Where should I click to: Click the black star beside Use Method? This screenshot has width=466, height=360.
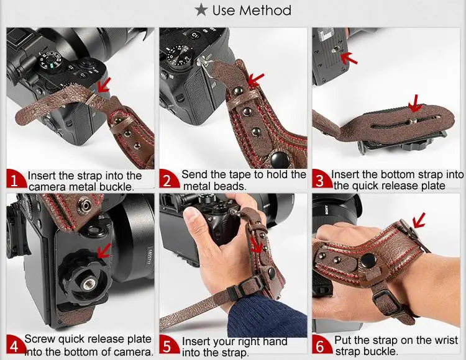pyautogui.click(x=201, y=10)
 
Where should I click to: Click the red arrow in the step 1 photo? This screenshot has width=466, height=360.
pyautogui.click(x=104, y=85)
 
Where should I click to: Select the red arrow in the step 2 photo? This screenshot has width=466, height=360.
pyautogui.click(x=255, y=79)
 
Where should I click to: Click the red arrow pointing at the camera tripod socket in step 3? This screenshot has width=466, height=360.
pyautogui.click(x=349, y=58)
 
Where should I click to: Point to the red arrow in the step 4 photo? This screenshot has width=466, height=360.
pyautogui.click(x=104, y=251)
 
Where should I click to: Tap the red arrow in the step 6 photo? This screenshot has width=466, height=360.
pyautogui.click(x=418, y=221)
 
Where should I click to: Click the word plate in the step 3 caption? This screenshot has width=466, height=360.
pyautogui.click(x=433, y=186)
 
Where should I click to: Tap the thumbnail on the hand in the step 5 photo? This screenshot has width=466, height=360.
pyautogui.click(x=191, y=213)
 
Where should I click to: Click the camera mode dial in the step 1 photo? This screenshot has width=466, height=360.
pyautogui.click(x=50, y=60)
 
